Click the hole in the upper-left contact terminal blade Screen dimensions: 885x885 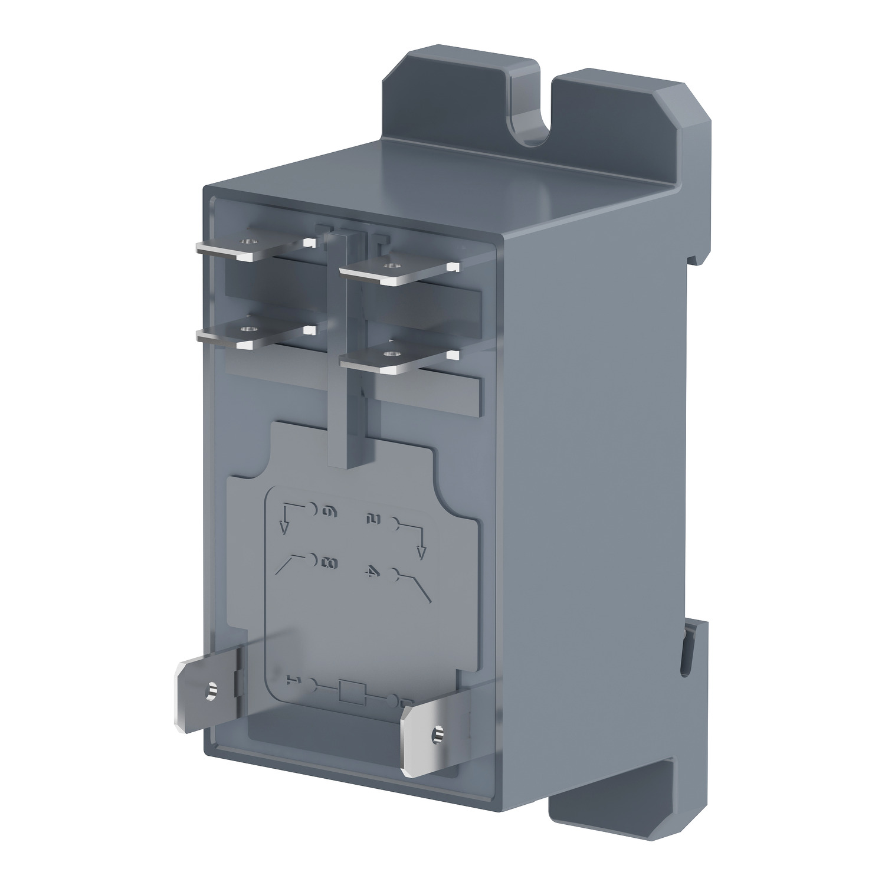point(248,241)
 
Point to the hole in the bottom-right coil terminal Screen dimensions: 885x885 point(437,733)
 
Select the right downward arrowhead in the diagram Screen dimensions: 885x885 point(421,553)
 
